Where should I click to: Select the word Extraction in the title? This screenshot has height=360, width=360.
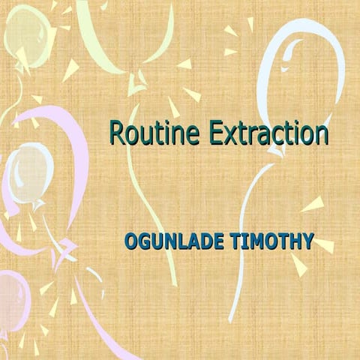268,133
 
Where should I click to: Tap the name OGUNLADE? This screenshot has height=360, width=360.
169,243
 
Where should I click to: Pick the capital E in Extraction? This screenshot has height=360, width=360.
214,133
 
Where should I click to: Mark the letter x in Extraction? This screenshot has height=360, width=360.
228,136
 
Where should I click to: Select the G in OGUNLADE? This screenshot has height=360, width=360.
145,243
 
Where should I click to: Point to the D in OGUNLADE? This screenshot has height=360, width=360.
199,243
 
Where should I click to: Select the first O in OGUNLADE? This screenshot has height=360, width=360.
131,243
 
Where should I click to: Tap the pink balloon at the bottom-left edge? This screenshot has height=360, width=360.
10,292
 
